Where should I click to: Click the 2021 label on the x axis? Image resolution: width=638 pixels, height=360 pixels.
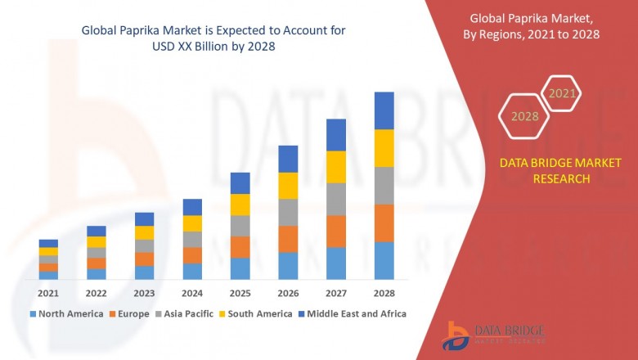click(48, 293)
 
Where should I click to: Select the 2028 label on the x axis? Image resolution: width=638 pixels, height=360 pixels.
click(384, 293)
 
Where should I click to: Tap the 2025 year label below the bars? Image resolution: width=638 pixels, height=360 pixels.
click(240, 293)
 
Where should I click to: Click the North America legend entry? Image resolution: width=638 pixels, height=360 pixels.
click(66, 313)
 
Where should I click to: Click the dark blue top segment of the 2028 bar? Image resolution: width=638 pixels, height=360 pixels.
click(384, 110)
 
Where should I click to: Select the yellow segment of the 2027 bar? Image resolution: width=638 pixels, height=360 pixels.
click(336, 167)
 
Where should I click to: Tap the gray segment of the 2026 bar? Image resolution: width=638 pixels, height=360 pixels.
click(288, 213)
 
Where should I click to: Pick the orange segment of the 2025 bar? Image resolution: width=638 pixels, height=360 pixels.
click(240, 247)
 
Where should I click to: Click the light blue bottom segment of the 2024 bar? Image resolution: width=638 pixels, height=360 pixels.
click(192, 272)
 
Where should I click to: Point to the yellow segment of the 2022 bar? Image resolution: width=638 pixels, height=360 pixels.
click(97, 242)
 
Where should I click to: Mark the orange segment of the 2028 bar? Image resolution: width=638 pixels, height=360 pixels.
click(384, 223)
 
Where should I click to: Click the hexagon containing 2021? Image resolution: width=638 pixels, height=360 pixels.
click(562, 94)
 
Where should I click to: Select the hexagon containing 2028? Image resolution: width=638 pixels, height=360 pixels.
click(524, 116)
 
